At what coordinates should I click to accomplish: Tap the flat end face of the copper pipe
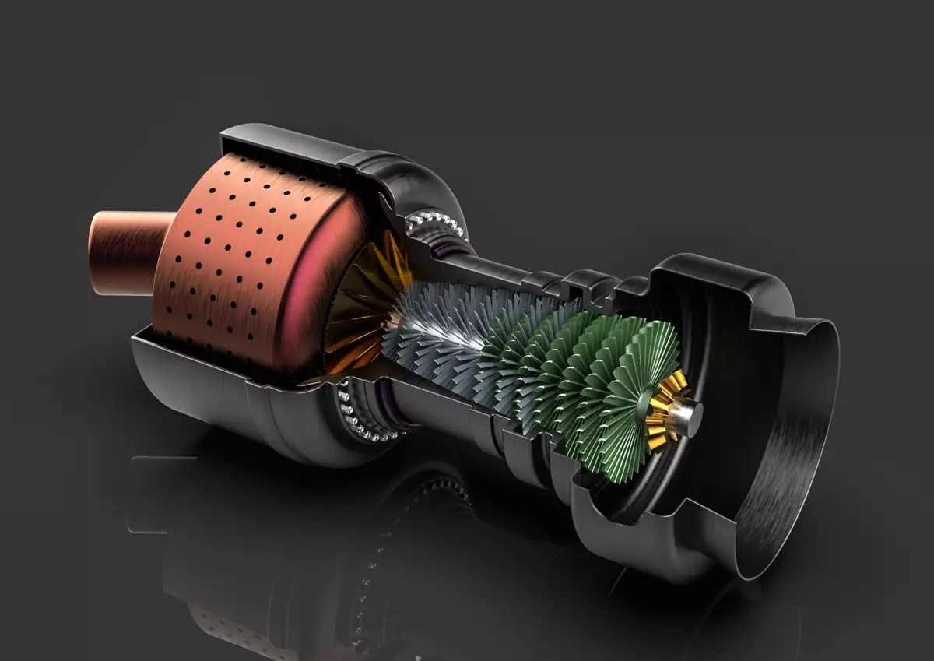(97, 253)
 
